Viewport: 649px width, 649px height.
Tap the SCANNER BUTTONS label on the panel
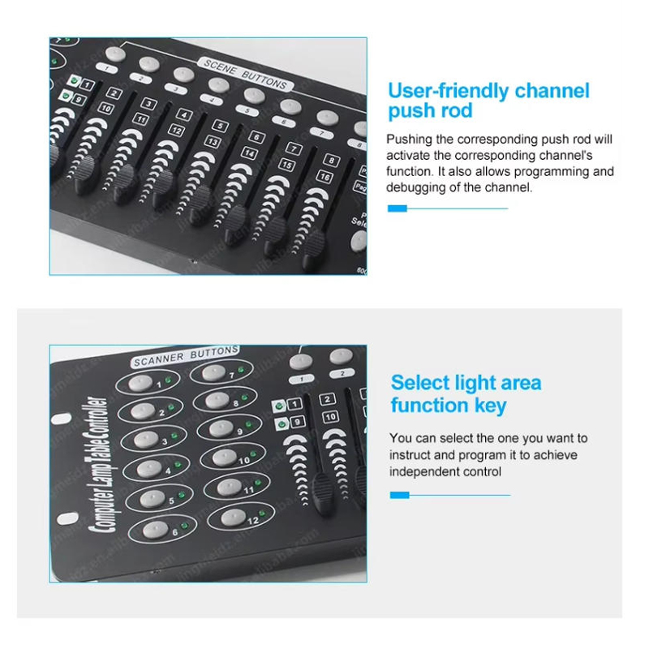186,355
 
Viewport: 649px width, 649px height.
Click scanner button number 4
146,468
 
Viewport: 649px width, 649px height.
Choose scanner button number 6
154,530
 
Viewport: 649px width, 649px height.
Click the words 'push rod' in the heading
430,111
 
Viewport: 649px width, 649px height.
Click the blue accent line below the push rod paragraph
447,208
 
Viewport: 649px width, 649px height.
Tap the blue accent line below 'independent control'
449,494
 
